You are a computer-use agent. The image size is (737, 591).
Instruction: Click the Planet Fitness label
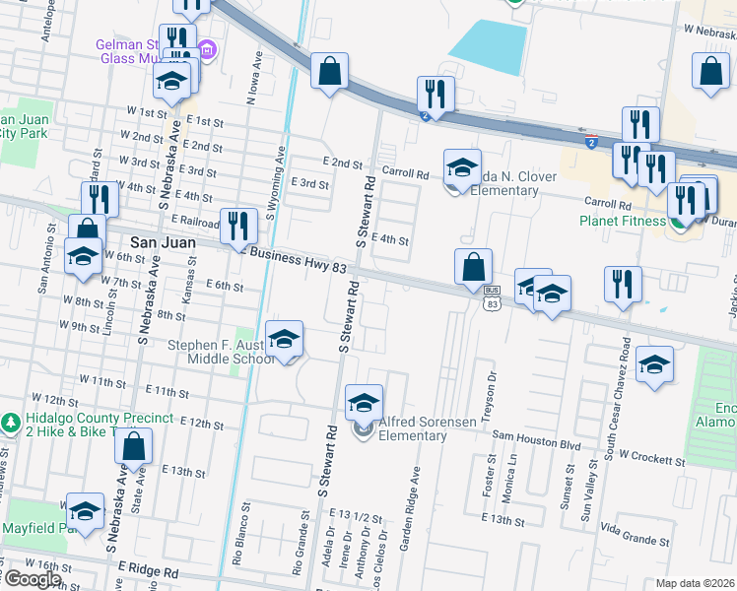pyautogui.click(x=623, y=221)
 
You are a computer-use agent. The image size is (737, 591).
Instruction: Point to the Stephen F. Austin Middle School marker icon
pyautogui.click(x=284, y=342)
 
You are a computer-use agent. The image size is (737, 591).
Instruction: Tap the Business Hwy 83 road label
pyautogui.click(x=297, y=260)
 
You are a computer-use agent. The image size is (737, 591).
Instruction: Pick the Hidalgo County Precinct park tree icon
pyautogui.click(x=11, y=423)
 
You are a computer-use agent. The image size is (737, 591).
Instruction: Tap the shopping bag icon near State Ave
pyautogui.click(x=134, y=447)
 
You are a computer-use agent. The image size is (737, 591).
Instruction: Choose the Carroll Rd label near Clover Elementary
pyautogui.click(x=405, y=172)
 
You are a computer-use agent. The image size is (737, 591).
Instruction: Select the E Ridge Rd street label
pyautogui.click(x=147, y=569)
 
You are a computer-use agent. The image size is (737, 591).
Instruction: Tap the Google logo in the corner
pyautogui.click(x=33, y=579)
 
